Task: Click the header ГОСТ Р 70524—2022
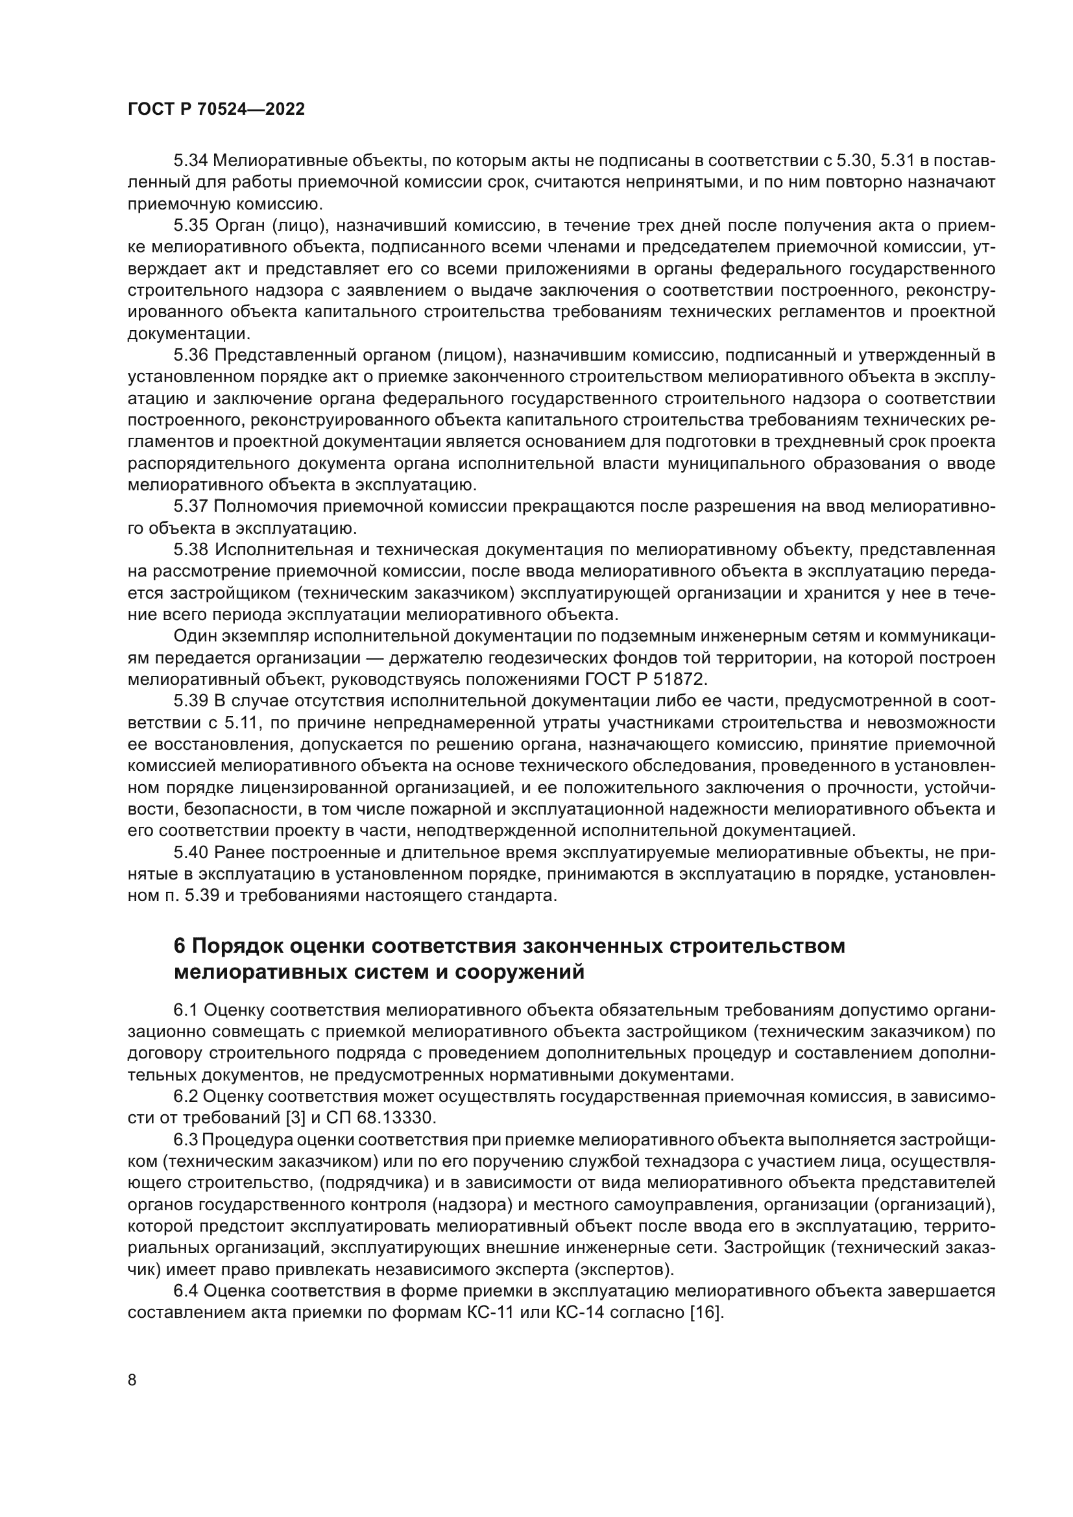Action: (x=216, y=110)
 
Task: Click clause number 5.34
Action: (x=191, y=161)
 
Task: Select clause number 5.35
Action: (x=191, y=225)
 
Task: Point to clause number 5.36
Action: (x=191, y=355)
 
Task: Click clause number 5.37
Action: (x=191, y=507)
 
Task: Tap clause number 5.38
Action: (x=191, y=550)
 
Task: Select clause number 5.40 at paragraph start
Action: (x=191, y=853)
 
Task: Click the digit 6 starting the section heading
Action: (x=178, y=946)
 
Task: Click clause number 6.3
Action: (x=186, y=1140)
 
